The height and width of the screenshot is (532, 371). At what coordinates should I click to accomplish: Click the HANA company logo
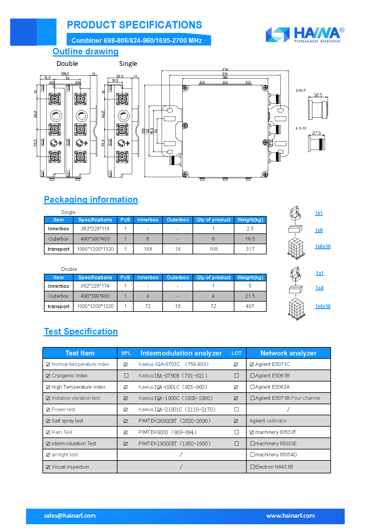305,35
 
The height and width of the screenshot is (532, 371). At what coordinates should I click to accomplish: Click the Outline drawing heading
86,51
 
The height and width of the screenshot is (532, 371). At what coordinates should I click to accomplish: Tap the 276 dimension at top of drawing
225,69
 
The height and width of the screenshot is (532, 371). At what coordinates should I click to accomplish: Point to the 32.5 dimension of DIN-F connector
318,95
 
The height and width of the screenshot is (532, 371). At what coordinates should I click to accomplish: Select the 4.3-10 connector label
301,128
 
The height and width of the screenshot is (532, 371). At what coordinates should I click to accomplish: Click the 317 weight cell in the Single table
250,249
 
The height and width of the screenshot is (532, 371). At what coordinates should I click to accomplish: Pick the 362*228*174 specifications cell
95,286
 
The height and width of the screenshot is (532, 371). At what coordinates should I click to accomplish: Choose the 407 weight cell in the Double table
250,306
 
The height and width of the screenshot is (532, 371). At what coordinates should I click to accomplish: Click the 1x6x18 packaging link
323,247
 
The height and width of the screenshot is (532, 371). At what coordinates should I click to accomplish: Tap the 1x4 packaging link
319,288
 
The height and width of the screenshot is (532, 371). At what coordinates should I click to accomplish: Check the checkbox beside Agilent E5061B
252,376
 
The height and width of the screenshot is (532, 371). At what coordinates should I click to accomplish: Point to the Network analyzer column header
288,353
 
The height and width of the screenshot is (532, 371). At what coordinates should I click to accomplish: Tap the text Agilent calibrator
268,421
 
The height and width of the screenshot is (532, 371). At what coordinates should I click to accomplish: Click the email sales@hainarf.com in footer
70,516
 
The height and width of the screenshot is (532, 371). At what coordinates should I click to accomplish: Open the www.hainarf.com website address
290,516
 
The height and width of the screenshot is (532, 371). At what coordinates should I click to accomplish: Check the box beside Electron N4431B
252,467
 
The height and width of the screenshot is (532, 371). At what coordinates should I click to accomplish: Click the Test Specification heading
81,332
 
